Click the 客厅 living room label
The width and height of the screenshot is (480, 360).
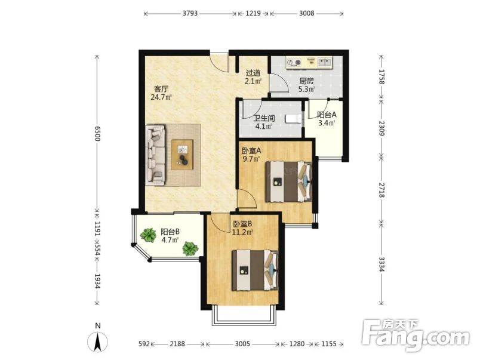pos(161,89)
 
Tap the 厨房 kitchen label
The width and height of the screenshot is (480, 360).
pos(306,81)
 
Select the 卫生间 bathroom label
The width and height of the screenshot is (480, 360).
pos(264,118)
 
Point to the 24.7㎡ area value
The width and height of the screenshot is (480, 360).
pos(161,97)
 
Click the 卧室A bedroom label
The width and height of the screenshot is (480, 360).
pos(251,150)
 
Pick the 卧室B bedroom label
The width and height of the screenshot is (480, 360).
pos(242,224)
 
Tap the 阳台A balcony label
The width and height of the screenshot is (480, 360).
pos(327,115)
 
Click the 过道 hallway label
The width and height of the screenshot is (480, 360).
pos(253,73)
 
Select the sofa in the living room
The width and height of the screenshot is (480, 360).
pos(155,155)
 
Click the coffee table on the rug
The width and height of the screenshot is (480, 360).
pos(182,155)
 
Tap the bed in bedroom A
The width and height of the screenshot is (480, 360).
pos(289,181)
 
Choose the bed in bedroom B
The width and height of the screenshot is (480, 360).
pos(255,270)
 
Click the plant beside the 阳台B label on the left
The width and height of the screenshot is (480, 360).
pos(148,235)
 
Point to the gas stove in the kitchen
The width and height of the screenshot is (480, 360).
pos(294,63)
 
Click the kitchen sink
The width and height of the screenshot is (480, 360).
pos(325,62)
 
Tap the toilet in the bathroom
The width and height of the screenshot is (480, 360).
pos(293,119)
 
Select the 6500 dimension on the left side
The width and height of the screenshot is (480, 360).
pos(97,133)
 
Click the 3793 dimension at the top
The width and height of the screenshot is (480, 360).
pos(190,13)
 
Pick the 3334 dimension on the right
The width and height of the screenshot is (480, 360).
pos(381,264)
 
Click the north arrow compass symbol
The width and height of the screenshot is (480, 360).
pos(98,340)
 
